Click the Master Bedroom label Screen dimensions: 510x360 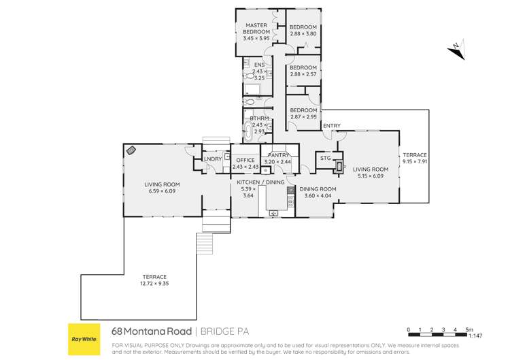[x=256, y=29]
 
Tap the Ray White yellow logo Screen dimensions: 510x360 [x=84, y=339]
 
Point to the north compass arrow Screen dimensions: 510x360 [x=456, y=50]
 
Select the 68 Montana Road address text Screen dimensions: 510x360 [x=152, y=331]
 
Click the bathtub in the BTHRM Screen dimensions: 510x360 [x=248, y=131]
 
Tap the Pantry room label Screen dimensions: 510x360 [x=278, y=155]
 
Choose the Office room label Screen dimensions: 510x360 [x=245, y=160]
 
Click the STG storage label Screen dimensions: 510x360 [x=325, y=158]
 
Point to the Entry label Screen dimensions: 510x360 [x=332, y=126]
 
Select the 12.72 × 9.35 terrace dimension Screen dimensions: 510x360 [x=154, y=284]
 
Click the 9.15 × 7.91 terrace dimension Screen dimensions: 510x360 [x=415, y=161]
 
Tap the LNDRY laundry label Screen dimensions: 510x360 [x=213, y=159]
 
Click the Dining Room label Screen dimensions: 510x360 [x=318, y=189]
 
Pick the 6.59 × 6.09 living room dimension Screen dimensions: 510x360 [x=162, y=191]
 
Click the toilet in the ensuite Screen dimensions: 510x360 [x=250, y=76]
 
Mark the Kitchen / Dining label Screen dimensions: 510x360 [x=260, y=182]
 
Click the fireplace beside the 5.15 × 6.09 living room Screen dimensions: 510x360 [x=339, y=167]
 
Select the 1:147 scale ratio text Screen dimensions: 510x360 [x=475, y=336]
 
